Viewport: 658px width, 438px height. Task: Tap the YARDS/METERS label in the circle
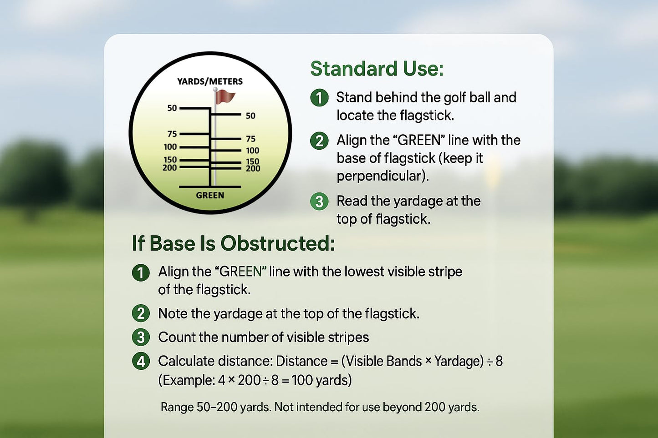pos(210,81)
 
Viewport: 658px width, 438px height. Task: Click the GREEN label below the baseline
pos(210,196)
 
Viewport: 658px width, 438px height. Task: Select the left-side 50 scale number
pos(172,108)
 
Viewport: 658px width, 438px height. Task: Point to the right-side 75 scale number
pos(251,139)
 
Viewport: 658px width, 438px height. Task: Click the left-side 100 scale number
pos(170,147)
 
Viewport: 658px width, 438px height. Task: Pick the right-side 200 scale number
pos(253,169)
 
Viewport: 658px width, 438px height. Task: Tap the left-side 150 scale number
pos(170,160)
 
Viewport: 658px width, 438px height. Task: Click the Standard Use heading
pos(377,69)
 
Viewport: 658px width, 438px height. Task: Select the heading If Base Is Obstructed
pos(234,243)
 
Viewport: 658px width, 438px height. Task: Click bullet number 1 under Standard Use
pos(319,98)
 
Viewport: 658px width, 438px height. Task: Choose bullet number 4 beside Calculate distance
pos(141,361)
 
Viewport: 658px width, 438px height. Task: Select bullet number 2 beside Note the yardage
pos(141,313)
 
